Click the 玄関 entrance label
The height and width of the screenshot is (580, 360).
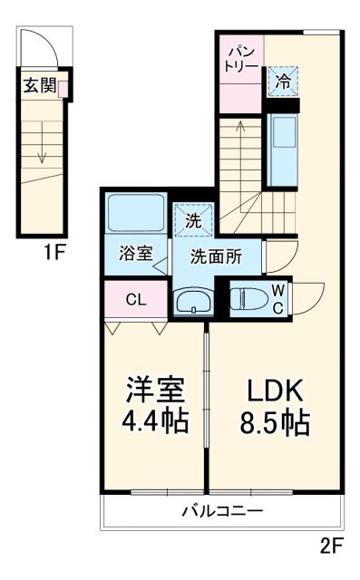click(37, 87)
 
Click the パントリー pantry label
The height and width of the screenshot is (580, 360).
click(240, 58)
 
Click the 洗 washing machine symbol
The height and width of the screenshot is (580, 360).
click(192, 219)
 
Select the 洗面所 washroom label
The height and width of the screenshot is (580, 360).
click(215, 256)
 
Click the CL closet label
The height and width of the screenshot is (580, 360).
click(134, 298)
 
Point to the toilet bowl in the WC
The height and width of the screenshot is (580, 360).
click(246, 299)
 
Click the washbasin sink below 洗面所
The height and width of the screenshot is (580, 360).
click(190, 302)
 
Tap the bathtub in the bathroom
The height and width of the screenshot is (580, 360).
click(134, 213)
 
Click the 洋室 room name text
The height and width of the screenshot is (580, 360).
click(156, 391)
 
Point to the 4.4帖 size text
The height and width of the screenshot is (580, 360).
click(156, 422)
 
